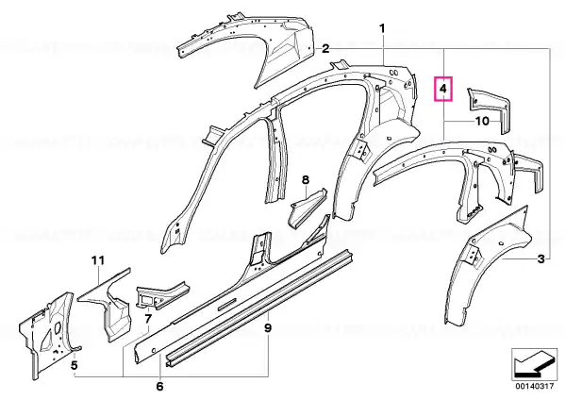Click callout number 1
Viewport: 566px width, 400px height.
(382, 28)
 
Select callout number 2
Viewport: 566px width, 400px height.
(325, 49)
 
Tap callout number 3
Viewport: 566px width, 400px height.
(541, 258)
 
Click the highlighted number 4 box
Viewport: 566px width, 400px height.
(443, 89)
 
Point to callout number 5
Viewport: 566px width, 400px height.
(74, 365)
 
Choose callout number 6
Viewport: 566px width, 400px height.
(160, 387)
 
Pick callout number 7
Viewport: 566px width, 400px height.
(148, 319)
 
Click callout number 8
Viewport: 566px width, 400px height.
(306, 179)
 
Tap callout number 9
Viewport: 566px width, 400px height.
(268, 327)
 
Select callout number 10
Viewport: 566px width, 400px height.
(482, 121)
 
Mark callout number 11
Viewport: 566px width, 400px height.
(97, 260)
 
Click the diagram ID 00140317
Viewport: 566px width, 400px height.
(534, 386)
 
